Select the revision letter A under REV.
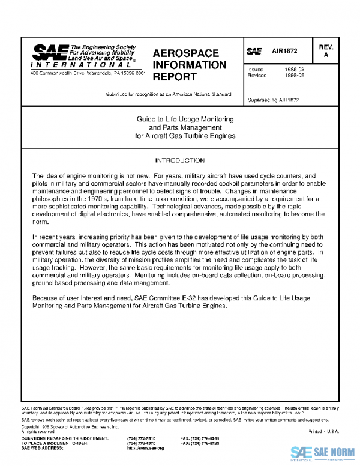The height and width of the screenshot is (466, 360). (326, 55)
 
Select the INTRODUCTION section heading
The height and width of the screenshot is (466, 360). (179, 161)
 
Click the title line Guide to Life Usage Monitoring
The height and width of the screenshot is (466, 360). (185, 120)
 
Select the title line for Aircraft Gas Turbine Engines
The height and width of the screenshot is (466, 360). (185, 135)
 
